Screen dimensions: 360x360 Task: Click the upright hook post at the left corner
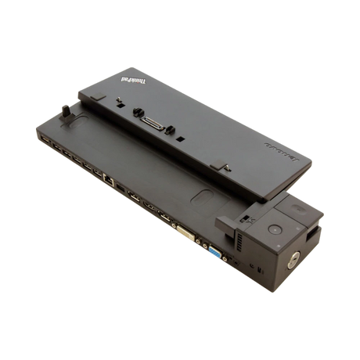66,121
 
